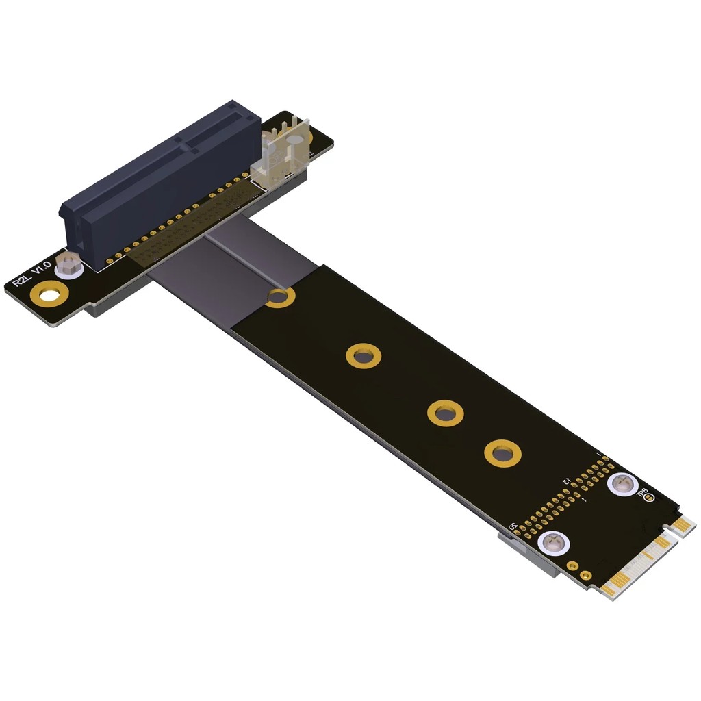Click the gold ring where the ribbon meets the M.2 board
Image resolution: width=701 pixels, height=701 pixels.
tap(279, 297)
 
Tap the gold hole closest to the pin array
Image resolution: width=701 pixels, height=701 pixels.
tap(502, 454)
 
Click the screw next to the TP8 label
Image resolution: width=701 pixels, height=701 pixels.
tap(622, 484)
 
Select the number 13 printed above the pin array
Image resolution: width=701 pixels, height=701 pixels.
tap(566, 482)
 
